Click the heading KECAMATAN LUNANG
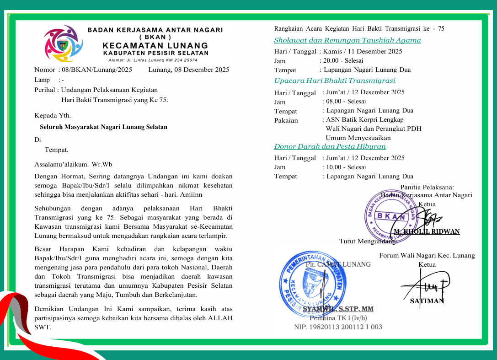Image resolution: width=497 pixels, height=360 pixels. click(155, 46)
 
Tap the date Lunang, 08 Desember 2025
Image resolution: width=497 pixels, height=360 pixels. click(189, 70)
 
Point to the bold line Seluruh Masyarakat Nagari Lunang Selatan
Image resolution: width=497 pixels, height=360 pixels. click(103, 127)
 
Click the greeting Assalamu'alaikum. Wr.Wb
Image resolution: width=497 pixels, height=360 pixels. click(73, 164)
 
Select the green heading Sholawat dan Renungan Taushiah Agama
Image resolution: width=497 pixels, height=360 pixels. click(347, 40)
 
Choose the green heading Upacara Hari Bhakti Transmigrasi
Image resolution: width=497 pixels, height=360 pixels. click(335, 81)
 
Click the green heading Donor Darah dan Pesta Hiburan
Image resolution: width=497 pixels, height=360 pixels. click(330, 146)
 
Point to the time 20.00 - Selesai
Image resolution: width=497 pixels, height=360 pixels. click(343, 60)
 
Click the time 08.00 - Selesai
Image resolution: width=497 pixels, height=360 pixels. click(346, 101)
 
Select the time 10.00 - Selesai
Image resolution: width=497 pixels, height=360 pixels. click(346, 167)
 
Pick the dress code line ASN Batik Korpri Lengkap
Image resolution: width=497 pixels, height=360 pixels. click(365, 120)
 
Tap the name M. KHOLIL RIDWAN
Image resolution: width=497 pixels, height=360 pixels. click(427, 231)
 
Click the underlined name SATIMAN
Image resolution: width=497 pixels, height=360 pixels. click(427, 301)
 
